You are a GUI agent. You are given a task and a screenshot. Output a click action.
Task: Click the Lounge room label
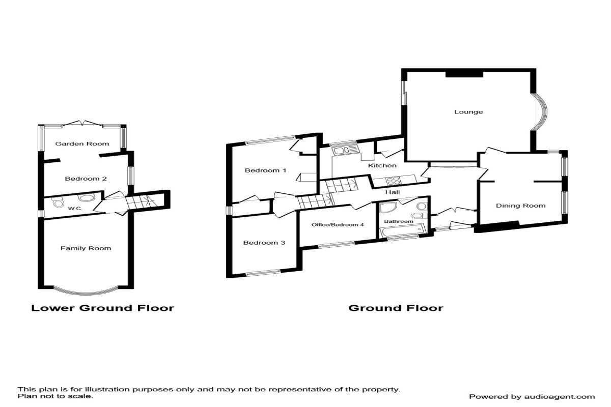click(468, 112)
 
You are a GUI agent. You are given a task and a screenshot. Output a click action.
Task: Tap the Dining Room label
click(520, 206)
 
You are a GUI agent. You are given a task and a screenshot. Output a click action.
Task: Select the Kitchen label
click(382, 166)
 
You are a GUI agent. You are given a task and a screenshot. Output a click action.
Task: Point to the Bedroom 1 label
click(265, 170)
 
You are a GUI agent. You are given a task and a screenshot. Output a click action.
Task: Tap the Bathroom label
click(398, 221)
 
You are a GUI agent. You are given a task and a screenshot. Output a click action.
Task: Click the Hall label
click(392, 192)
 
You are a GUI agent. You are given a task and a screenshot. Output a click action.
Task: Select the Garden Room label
click(82, 144)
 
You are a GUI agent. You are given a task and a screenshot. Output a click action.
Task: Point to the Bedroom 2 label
click(86, 179)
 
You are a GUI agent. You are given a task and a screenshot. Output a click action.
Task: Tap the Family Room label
click(86, 248)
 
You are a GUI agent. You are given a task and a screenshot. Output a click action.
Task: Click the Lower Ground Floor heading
click(103, 308)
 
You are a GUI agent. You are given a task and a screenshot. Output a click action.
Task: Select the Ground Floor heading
click(396, 308)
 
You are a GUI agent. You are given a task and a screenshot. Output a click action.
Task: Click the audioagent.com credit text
click(532, 396)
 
